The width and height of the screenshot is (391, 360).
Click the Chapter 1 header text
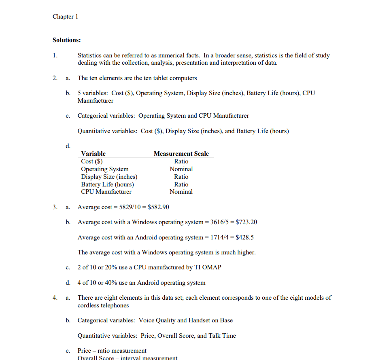pyautogui.click(x=65, y=17)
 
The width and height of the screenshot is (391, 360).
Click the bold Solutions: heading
pyautogui.click(x=66, y=40)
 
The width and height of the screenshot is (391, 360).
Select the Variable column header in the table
pyautogui.click(x=93, y=154)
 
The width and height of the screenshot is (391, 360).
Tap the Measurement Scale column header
pyautogui.click(x=181, y=154)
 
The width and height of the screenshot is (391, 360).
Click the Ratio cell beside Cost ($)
pyautogui.click(x=181, y=161)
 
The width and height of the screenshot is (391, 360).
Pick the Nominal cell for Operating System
pyautogui.click(x=181, y=169)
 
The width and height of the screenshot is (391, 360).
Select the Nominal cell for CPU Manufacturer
pyautogui.click(x=181, y=192)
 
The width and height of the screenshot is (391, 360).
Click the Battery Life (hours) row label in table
pyautogui.click(x=107, y=184)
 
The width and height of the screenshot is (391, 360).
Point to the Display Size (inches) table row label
pyautogui.click(x=109, y=177)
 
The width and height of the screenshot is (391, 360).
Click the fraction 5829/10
pyautogui.click(x=129, y=207)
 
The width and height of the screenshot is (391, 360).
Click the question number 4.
pyautogui.click(x=54, y=298)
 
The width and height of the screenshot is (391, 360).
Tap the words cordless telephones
pyautogui.click(x=103, y=305)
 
